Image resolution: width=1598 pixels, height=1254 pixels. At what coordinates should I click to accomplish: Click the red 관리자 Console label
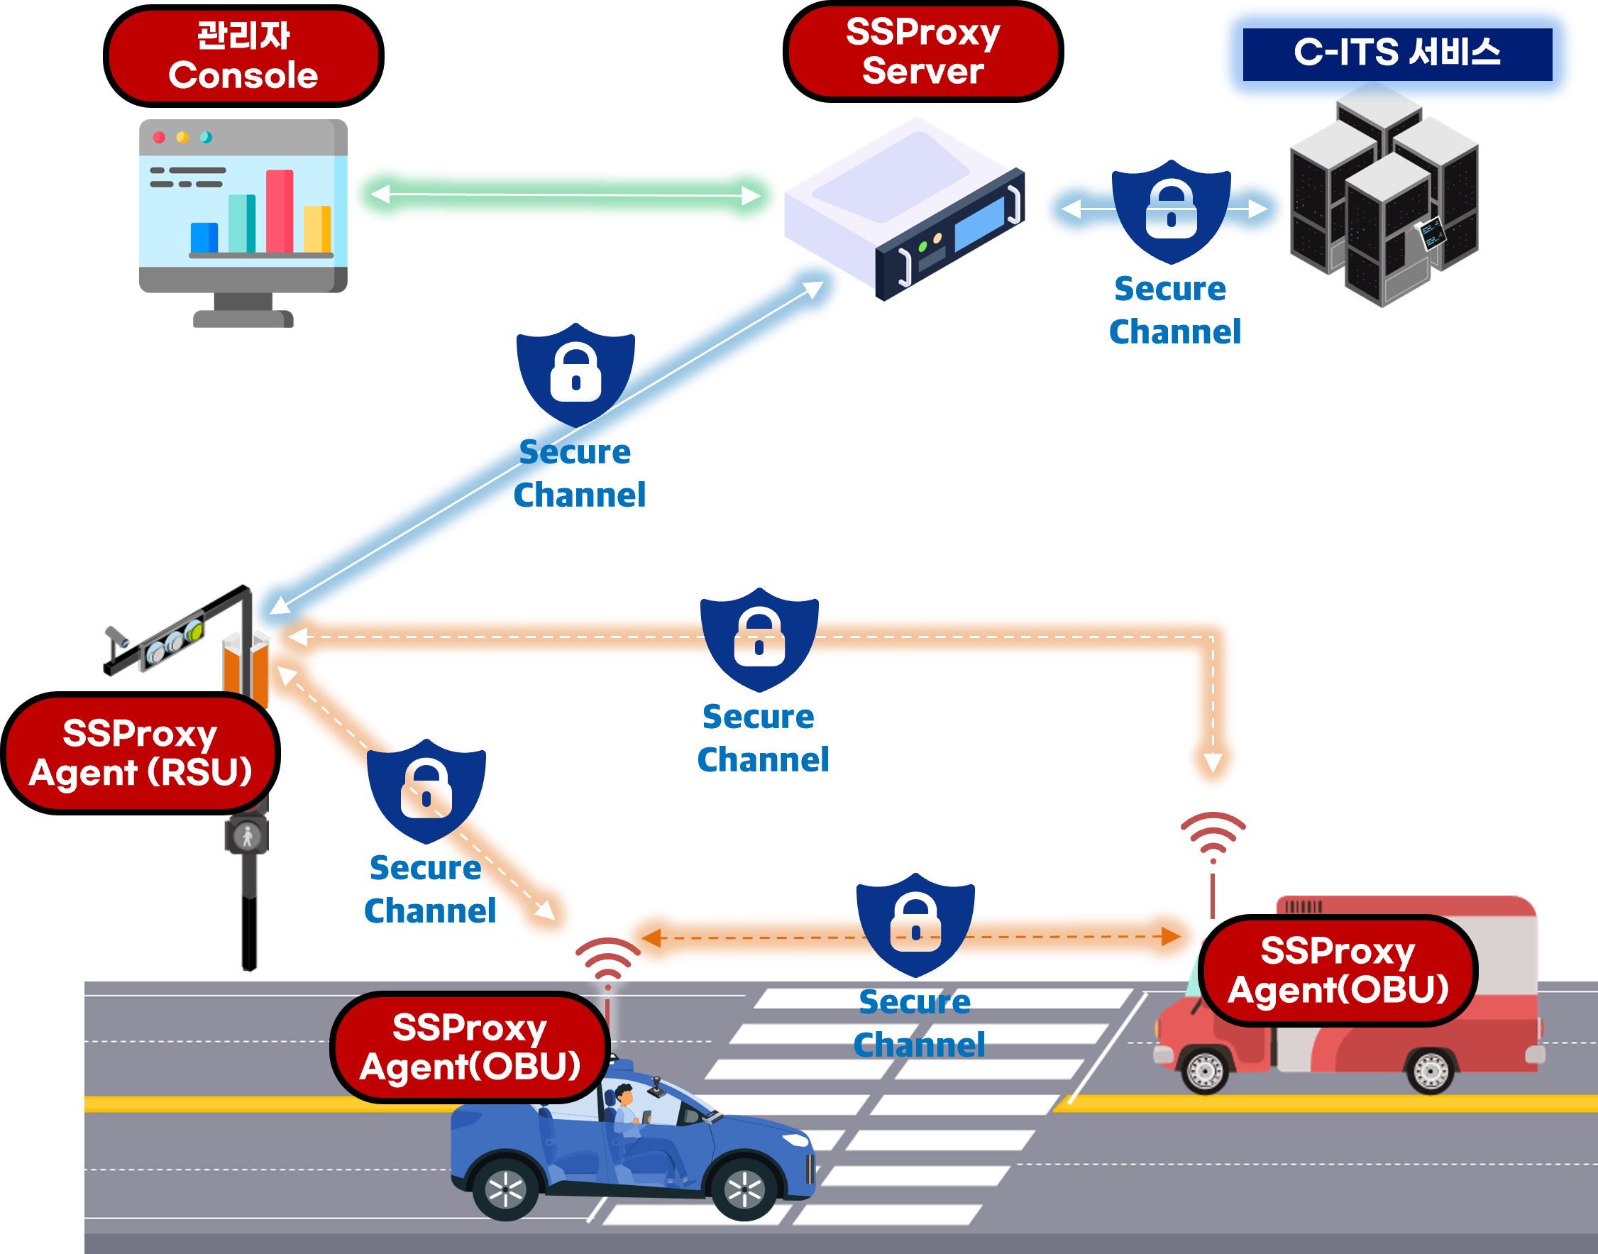pyautogui.click(x=243, y=56)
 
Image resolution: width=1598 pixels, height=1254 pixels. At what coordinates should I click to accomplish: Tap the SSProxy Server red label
pyautogui.click(x=922, y=51)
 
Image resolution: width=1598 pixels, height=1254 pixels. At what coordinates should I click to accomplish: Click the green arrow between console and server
pyautogui.click(x=566, y=195)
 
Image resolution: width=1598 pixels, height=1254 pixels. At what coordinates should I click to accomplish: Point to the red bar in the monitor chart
pyautogui.click(x=279, y=211)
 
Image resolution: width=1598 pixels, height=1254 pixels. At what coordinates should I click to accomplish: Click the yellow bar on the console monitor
pyautogui.click(x=317, y=229)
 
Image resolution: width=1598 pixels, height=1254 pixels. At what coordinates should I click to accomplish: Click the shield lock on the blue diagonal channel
pyautogui.click(x=575, y=373)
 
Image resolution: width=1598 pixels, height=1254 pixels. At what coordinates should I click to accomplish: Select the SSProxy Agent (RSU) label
pyautogui.click(x=140, y=753)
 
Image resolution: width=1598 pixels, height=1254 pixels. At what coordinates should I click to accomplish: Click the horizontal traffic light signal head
pyautogui.click(x=174, y=642)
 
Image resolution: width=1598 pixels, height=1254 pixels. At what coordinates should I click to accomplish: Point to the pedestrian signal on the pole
pyautogui.click(x=248, y=836)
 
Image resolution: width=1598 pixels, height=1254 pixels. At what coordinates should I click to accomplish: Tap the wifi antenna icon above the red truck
pyautogui.click(x=1213, y=833)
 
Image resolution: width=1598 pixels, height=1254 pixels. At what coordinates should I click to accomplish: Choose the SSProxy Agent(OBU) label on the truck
pyautogui.click(x=1338, y=970)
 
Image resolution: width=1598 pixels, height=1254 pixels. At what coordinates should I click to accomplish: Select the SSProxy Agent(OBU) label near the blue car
pyautogui.click(x=470, y=1047)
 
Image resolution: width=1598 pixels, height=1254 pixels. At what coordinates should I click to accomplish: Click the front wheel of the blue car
pyautogui.click(x=744, y=1189)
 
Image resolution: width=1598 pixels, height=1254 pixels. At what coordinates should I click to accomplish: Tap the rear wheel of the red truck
pyautogui.click(x=1430, y=1071)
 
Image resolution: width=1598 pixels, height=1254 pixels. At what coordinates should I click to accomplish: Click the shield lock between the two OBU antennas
pyautogui.click(x=915, y=924)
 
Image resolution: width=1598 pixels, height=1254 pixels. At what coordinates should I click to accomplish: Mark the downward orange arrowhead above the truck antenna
pyautogui.click(x=1213, y=763)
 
